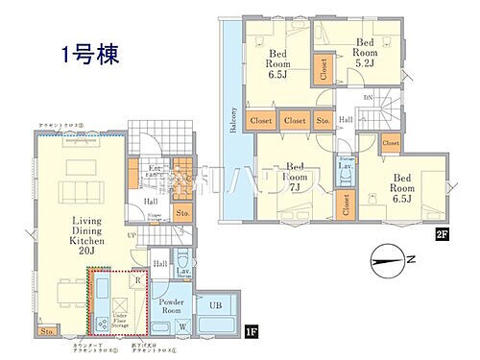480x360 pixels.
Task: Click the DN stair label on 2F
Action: (x=367, y=98)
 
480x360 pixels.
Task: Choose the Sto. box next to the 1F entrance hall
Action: (x=182, y=212)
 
